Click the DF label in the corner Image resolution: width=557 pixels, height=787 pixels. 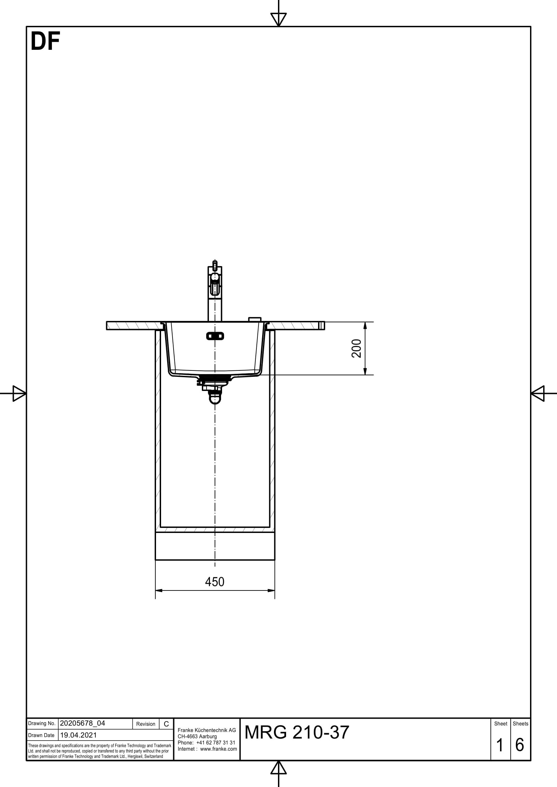45,41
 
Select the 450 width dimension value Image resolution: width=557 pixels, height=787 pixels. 215,582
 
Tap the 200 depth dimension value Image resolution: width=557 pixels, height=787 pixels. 357,348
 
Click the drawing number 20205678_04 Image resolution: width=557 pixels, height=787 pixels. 82,723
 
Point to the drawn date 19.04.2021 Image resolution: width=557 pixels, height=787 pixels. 78,735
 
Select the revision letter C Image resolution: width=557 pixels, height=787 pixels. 166,724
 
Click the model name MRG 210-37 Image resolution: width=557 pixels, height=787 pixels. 297,732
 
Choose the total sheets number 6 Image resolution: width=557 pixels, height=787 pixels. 520,745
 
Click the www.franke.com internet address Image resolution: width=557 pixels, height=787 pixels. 218,749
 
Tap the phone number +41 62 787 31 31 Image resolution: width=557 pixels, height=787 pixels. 216,743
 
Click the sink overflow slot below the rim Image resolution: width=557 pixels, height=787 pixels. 215,336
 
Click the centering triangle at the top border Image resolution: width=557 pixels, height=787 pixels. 278,19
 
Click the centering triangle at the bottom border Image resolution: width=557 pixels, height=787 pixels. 278,768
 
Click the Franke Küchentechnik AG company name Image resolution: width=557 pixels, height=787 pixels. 207,730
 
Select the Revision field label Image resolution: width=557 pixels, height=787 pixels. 146,724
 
